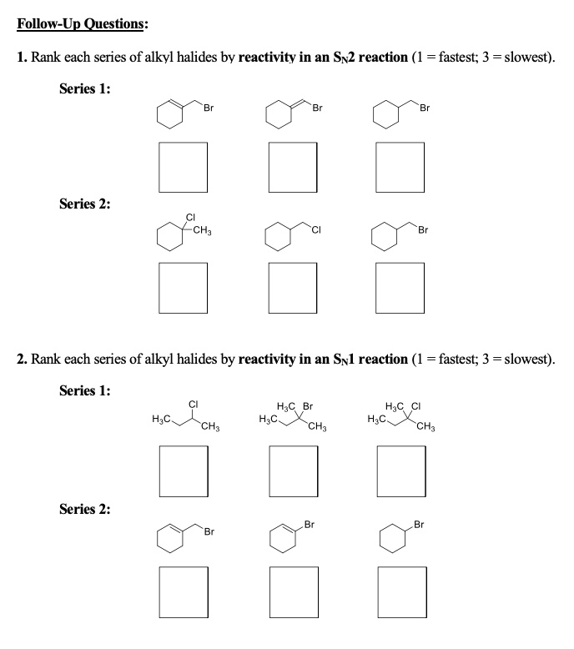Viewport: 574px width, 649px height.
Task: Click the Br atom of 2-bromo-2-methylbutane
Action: point(308,406)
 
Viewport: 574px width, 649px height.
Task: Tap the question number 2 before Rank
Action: point(22,360)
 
